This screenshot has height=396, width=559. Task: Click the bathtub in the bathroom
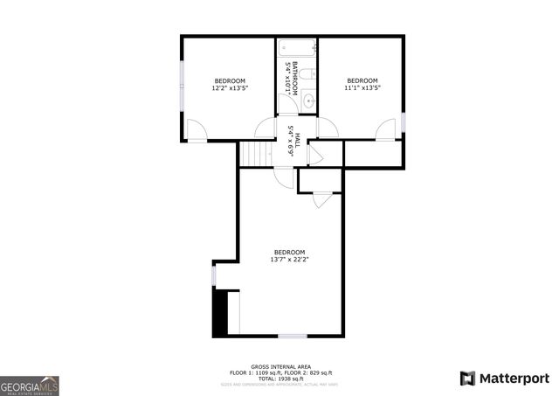click(297, 48)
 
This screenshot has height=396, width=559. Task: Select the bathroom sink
click(308, 102)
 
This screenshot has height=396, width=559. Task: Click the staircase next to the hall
click(252, 154)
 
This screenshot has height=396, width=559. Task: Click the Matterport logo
click(505, 378)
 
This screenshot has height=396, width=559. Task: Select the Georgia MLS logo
click(30, 385)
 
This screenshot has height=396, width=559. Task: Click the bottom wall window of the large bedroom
click(292, 337)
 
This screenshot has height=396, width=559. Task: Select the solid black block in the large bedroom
click(219, 313)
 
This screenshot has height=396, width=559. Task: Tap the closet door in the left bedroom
click(197, 133)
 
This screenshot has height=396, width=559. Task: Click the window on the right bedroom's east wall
click(404, 122)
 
